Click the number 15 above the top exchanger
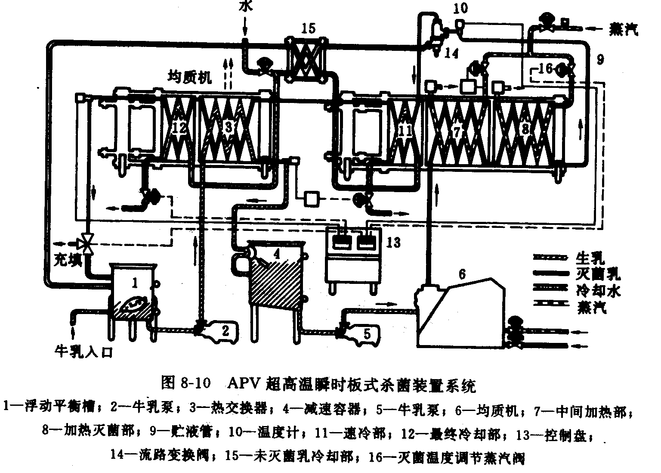click(x=308, y=29)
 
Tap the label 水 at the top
click(x=244, y=7)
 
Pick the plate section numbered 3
click(x=229, y=128)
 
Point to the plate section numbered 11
click(x=405, y=131)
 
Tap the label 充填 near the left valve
click(x=68, y=260)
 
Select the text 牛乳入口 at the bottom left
click(x=83, y=352)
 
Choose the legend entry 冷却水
click(x=598, y=291)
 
